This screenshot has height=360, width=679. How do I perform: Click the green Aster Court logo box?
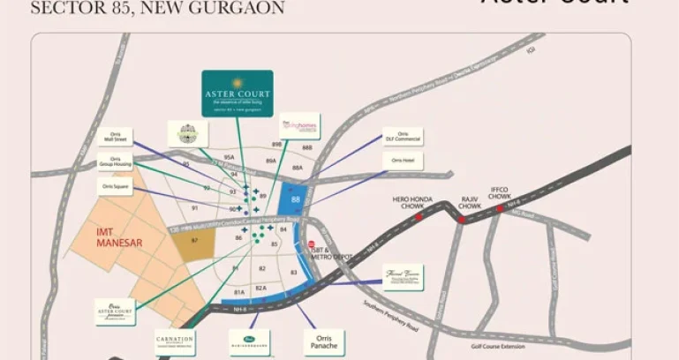point(236,94)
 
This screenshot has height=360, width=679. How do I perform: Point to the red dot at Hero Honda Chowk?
point(419,216)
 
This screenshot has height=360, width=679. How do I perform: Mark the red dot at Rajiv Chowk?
point(462,219)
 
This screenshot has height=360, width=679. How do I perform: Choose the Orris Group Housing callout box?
point(114,162)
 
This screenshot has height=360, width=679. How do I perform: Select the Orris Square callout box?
point(116,187)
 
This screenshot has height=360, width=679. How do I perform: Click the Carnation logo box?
point(174,342)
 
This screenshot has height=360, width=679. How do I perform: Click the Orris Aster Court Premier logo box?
point(116,311)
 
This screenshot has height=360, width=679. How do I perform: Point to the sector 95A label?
point(228,156)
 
